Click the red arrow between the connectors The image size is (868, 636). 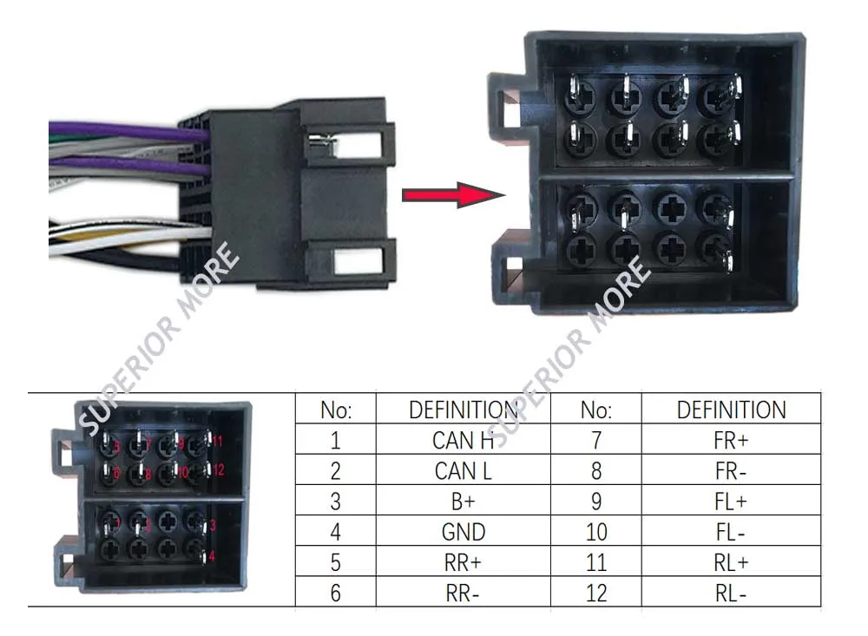pyautogui.click(x=451, y=194)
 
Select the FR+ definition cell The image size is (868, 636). pyautogui.click(x=731, y=440)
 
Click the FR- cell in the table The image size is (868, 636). pyautogui.click(x=731, y=471)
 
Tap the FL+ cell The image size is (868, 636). pyautogui.click(x=731, y=502)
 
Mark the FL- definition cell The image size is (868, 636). pyautogui.click(x=731, y=532)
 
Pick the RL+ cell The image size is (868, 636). pyautogui.click(x=731, y=562)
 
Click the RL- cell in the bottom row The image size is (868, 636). pyautogui.click(x=731, y=593)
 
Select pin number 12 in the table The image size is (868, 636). pyautogui.click(x=596, y=593)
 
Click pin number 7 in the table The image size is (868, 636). pyautogui.click(x=596, y=440)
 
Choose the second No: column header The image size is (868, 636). pyautogui.click(x=596, y=410)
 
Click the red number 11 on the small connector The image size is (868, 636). pyautogui.click(x=218, y=442)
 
